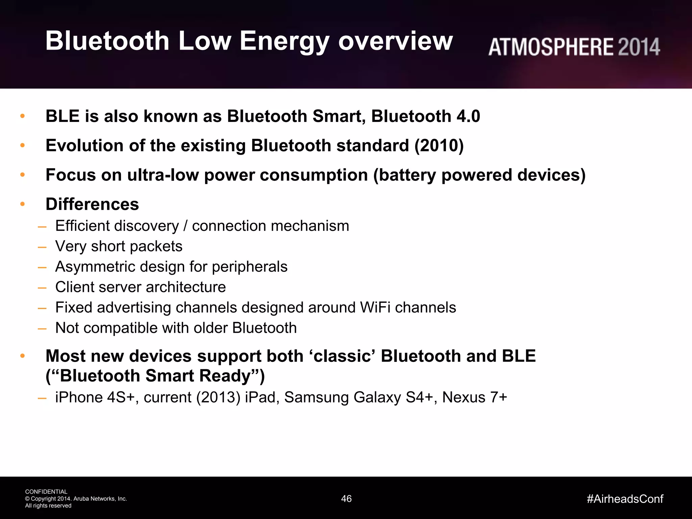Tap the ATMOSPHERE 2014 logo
point(574,47)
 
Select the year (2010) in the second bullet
point(439,146)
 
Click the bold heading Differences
point(92,204)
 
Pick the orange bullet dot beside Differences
point(23,204)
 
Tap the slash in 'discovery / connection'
point(185,226)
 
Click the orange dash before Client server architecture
point(42,288)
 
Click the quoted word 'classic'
point(342,356)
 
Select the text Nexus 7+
point(474,397)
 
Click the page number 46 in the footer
point(346,499)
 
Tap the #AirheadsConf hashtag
point(625,499)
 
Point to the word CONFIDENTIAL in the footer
point(46,492)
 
